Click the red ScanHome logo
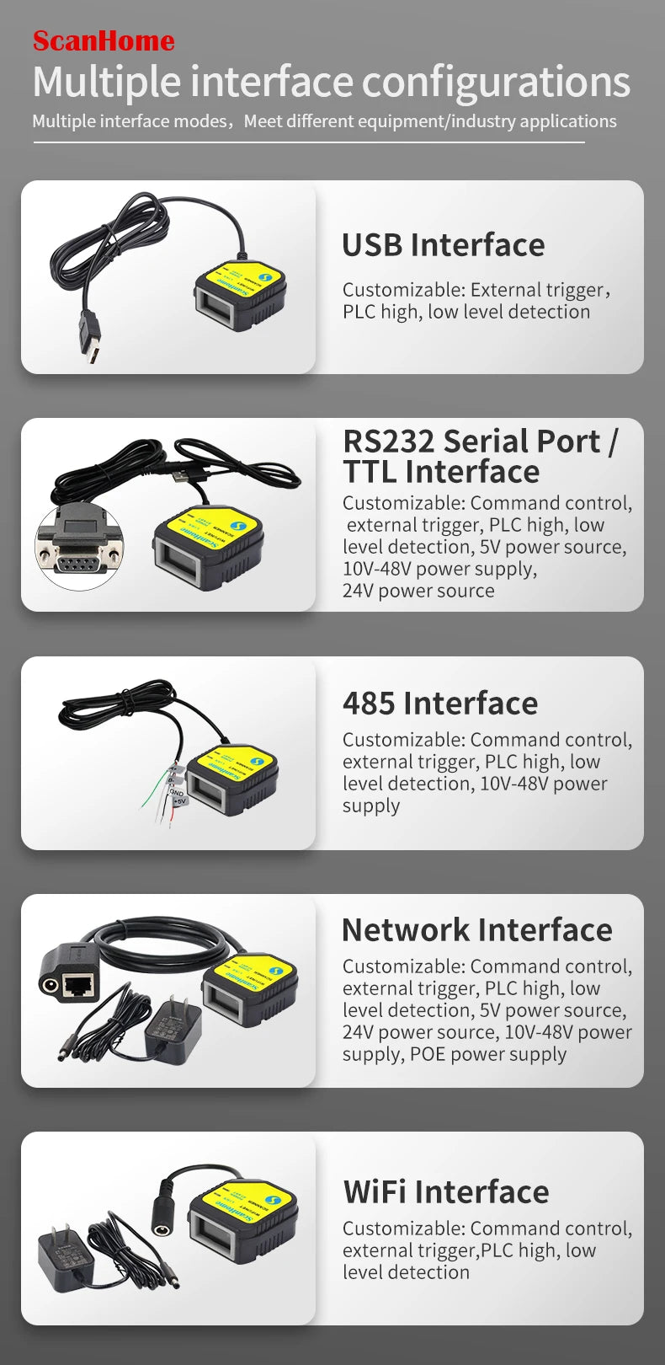[104, 40]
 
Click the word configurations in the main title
[496, 83]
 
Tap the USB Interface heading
[443, 245]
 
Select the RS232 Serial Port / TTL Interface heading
[480, 456]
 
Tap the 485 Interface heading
[439, 703]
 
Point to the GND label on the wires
[177, 792]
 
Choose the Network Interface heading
[476, 929]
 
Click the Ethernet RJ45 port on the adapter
[78, 983]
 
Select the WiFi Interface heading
[445, 1192]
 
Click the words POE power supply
[488, 1054]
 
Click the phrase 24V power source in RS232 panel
[418, 591]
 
